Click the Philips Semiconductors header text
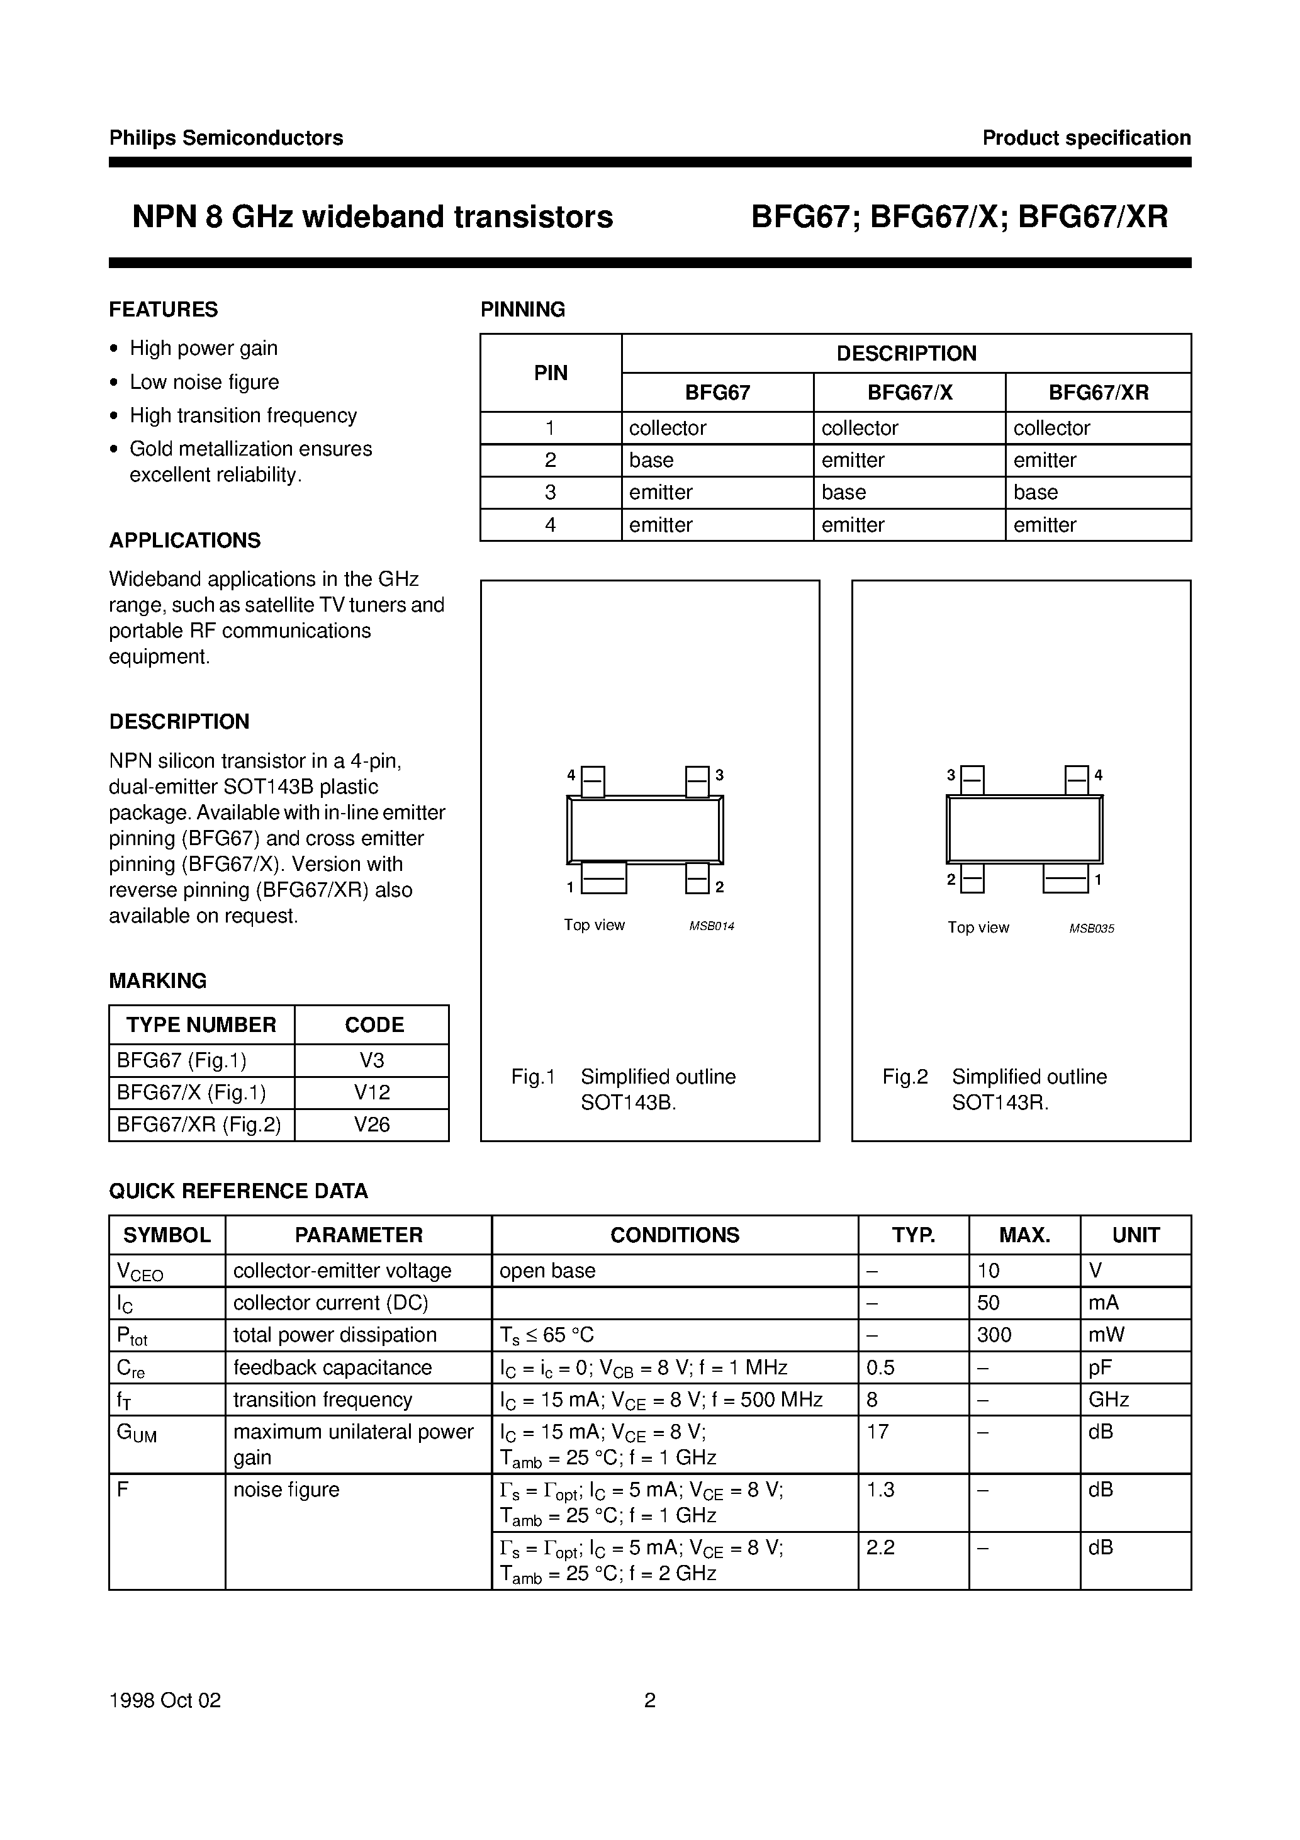click(x=226, y=138)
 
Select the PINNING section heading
click(x=522, y=310)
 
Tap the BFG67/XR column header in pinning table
click(x=1098, y=393)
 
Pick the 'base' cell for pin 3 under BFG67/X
click(x=843, y=492)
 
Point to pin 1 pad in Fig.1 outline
click(x=603, y=878)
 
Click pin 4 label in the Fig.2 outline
click(x=1098, y=775)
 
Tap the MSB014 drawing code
click(x=711, y=926)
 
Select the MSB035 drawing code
click(x=1091, y=929)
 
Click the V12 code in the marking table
click(x=372, y=1092)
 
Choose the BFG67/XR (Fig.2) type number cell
click(x=199, y=1125)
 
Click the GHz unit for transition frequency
click(x=1109, y=1400)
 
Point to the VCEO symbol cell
click(x=140, y=1272)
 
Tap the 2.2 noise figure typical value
click(x=880, y=1547)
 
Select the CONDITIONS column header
click(x=674, y=1235)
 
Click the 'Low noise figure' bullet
click(x=205, y=382)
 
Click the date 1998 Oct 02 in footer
click(x=164, y=1700)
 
